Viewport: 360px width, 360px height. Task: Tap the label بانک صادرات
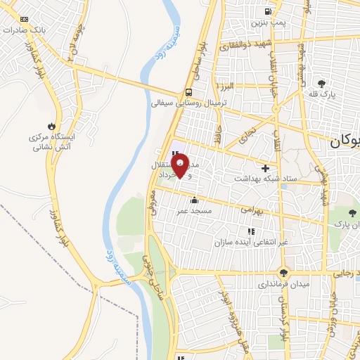(24, 30)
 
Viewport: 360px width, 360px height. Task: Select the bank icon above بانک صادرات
(25, 19)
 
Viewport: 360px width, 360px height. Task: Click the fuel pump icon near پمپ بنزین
(268, 11)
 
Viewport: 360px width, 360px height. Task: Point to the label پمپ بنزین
(268, 23)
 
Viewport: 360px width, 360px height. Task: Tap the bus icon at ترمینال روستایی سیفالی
(188, 92)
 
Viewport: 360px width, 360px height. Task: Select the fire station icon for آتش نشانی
(51, 125)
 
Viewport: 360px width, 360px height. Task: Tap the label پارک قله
(323, 94)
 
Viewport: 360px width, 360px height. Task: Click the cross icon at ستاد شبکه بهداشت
(265, 168)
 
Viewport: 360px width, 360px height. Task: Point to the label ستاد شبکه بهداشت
(265, 180)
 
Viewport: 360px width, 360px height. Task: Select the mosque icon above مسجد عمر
(194, 199)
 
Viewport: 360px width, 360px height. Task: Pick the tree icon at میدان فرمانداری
(283, 273)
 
